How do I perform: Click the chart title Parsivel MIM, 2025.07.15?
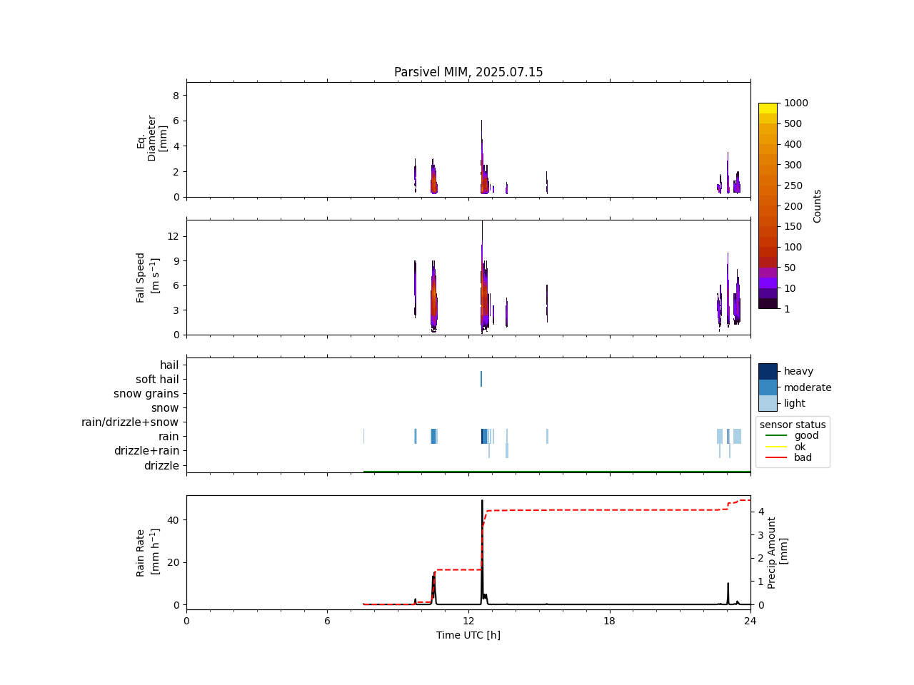468,72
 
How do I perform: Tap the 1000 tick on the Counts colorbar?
795,103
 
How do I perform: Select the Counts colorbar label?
818,205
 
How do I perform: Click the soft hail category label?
157,380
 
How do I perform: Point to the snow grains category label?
146,394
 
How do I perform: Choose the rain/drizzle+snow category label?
130,422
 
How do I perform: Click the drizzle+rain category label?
146,451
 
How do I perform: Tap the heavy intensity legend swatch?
768,371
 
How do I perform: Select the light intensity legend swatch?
768,403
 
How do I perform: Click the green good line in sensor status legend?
775,435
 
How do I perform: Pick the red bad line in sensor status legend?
775,458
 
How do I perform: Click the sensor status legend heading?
793,425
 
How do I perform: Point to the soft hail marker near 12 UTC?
481,379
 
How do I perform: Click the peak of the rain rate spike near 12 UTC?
482,501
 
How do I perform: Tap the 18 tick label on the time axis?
609,621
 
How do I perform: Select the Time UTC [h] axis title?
468,635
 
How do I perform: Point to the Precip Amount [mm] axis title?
778,552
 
